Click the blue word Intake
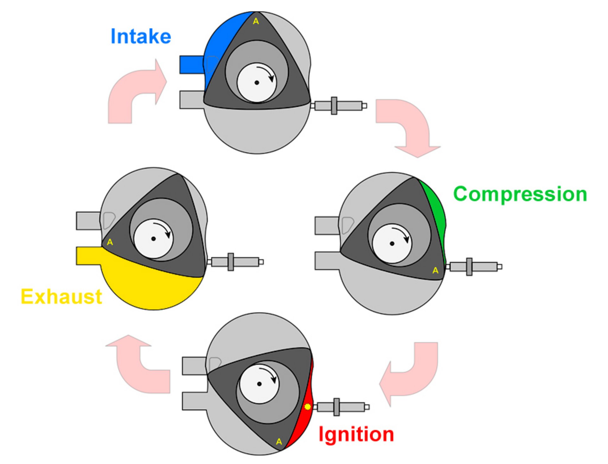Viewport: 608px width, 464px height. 141,36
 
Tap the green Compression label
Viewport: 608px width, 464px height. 520,194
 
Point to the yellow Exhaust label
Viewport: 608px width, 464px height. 61,297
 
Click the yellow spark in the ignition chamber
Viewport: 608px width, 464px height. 307,406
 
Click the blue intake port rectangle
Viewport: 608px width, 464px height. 192,65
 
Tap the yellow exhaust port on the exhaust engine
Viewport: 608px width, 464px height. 89,256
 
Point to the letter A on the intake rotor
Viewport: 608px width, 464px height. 256,21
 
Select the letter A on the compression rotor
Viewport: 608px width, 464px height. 435,270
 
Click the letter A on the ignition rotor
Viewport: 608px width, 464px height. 279,442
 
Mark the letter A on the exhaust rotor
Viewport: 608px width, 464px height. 110,242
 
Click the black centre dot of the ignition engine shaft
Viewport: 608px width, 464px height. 259,384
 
